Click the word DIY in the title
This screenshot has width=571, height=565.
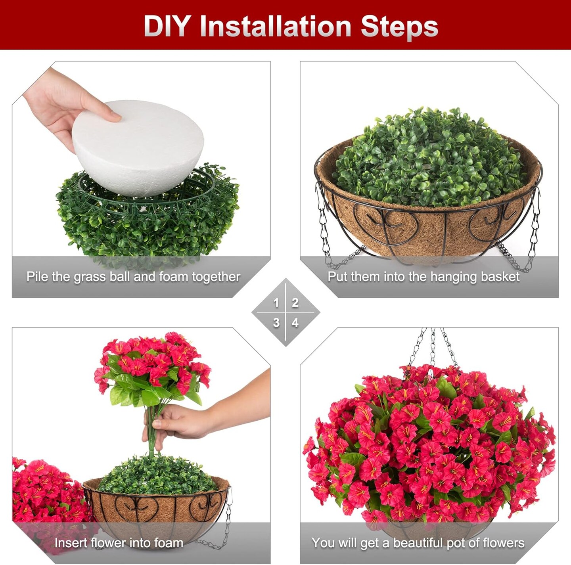(167, 27)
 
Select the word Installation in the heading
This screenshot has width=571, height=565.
(276, 27)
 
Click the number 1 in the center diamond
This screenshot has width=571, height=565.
(276, 303)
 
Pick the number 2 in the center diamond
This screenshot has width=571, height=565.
(295, 303)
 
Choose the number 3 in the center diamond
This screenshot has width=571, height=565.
(276, 323)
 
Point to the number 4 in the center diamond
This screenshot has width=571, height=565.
(295, 323)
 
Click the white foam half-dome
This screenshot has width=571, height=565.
(139, 147)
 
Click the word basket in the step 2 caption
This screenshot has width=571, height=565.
(501, 276)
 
